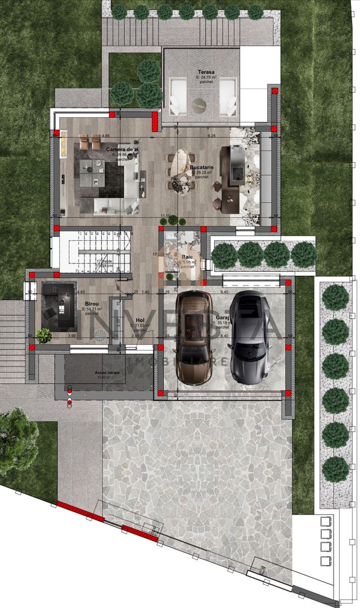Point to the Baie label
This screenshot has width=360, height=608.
(187, 257)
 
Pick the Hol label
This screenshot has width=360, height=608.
(138, 320)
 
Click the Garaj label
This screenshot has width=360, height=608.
(222, 318)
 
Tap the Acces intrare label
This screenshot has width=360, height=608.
(92, 373)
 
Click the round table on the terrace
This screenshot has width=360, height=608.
(199, 104)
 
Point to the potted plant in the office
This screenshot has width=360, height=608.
(44, 335)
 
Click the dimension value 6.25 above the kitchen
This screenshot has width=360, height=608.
(211, 136)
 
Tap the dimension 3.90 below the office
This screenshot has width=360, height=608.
(71, 336)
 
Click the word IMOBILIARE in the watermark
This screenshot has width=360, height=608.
(169, 360)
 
